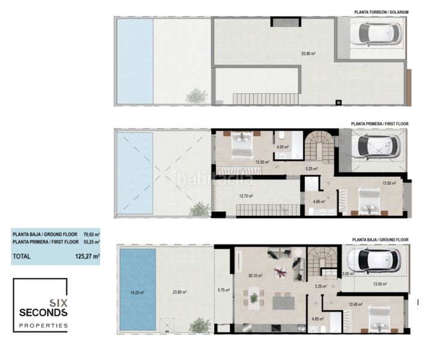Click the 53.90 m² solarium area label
(308, 53)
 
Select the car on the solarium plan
(375, 34)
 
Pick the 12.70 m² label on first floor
(246, 196)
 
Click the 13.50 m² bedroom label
(389, 184)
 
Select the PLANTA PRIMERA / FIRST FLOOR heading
(379, 124)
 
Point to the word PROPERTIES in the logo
(43, 326)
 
